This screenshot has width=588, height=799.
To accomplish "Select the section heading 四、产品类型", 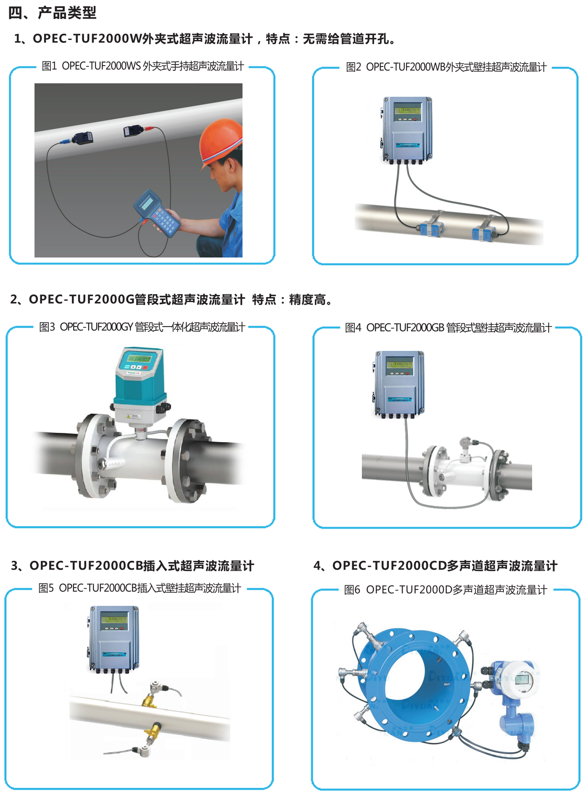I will click(53, 13).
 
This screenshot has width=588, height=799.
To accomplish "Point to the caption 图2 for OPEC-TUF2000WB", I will click(446, 67).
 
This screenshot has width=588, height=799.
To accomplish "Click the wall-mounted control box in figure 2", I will click(407, 129).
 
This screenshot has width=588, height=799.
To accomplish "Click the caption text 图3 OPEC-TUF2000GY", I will click(142, 327).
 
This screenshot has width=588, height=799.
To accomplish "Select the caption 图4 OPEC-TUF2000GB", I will click(448, 328).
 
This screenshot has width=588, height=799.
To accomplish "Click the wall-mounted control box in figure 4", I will click(399, 383).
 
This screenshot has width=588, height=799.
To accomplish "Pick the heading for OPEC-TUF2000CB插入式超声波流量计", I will click(133, 566).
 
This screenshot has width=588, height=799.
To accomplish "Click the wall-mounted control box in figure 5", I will click(114, 637).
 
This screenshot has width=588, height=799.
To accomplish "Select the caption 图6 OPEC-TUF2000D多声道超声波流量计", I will click(446, 590).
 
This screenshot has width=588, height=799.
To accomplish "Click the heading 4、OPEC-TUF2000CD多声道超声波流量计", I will click(435, 566).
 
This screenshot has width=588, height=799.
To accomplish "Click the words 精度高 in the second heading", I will click(307, 300).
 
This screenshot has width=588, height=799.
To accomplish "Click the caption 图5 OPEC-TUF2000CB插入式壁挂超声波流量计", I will click(140, 588).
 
